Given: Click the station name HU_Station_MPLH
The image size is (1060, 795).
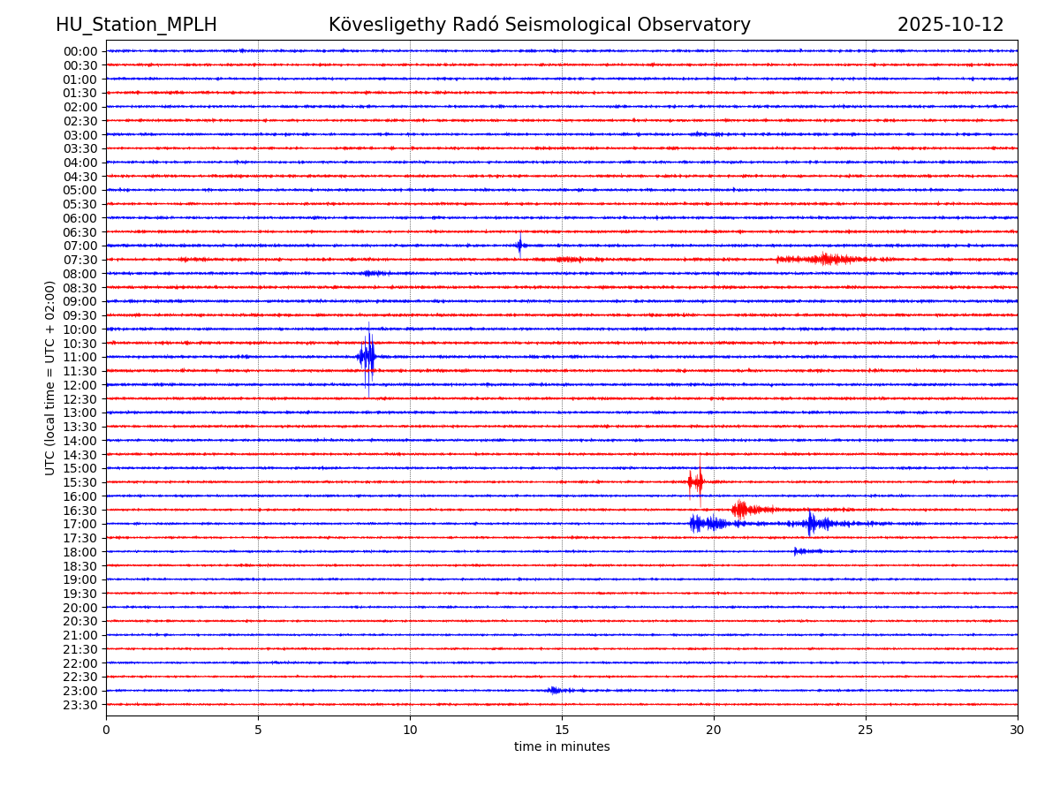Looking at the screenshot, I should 136,26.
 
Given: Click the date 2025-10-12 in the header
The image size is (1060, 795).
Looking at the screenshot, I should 950,26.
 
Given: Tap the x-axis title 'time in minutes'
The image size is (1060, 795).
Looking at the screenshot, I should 562,747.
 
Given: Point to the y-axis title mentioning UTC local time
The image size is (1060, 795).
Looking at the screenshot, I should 50,378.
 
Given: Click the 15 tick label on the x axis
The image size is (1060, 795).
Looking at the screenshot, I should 562,731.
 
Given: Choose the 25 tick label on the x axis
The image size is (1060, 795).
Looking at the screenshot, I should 866,731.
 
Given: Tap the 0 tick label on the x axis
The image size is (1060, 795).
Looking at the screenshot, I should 106,731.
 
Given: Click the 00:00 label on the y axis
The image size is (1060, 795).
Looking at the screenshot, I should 80,51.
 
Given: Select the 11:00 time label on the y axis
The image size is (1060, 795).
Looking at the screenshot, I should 80,357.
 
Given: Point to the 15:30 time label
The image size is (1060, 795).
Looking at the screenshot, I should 80,482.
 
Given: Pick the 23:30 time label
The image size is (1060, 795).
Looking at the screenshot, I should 80,705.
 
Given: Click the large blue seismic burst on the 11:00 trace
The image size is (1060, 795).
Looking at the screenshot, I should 367,357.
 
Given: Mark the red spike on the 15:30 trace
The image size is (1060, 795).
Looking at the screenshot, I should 697,481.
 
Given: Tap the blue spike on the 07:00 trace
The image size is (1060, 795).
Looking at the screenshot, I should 519,246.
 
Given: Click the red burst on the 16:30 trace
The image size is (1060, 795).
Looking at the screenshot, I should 740,509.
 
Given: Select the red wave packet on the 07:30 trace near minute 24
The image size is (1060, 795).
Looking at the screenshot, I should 827,259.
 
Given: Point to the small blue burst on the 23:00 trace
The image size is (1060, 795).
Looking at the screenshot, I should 555,690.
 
